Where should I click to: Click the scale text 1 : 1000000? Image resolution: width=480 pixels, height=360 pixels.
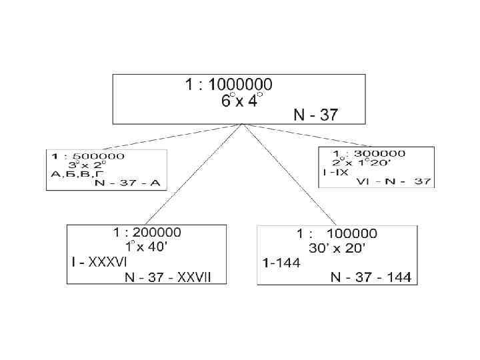tap(228, 85)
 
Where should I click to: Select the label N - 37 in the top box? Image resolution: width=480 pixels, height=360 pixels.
tap(315, 115)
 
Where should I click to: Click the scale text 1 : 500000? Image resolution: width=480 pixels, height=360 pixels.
tap(88, 157)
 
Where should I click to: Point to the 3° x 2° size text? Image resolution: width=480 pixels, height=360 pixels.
tap(87, 165)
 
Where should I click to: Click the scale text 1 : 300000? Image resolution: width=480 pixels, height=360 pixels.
tap(373, 153)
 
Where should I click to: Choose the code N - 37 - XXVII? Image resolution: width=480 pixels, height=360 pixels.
tap(167, 277)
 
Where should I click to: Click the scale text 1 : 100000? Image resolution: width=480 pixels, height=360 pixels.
tap(337, 234)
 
